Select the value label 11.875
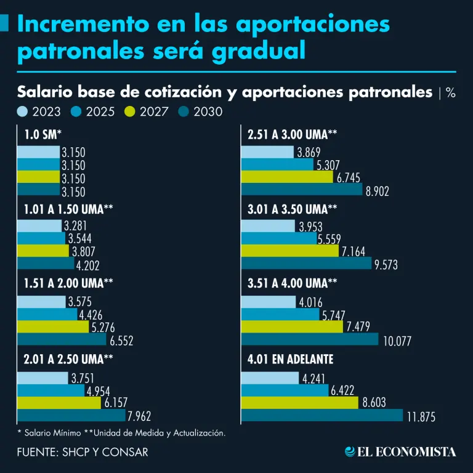(421, 417)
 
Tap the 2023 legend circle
(23, 112)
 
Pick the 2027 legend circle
(129, 112)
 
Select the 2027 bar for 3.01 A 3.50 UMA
(289, 251)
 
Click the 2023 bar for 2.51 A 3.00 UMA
(267, 152)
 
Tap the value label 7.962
(142, 417)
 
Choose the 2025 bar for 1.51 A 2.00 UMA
(47, 314)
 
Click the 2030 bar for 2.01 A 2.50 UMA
(71, 416)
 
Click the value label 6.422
(344, 390)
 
